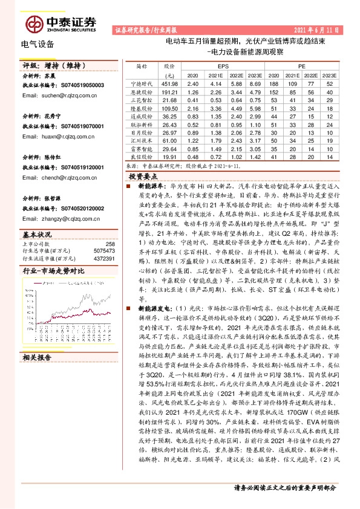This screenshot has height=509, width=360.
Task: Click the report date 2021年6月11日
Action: coord(318,29)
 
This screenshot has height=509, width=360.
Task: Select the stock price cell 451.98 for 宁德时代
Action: coord(169,83)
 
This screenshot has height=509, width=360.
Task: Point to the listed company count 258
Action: coord(110,244)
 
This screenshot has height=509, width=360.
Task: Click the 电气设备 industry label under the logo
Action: coord(38,44)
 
